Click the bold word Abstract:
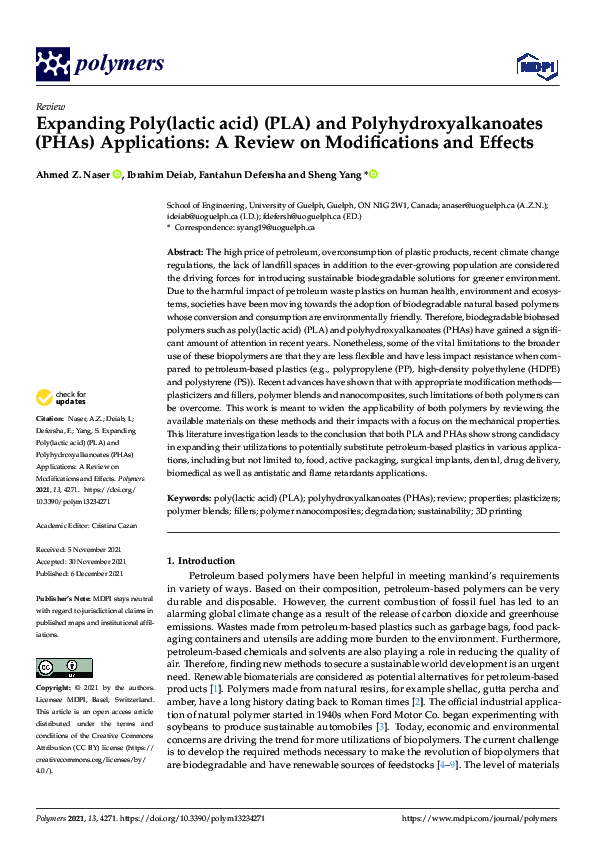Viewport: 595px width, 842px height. [185, 253]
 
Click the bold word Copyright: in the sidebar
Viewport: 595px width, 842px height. [53, 688]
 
